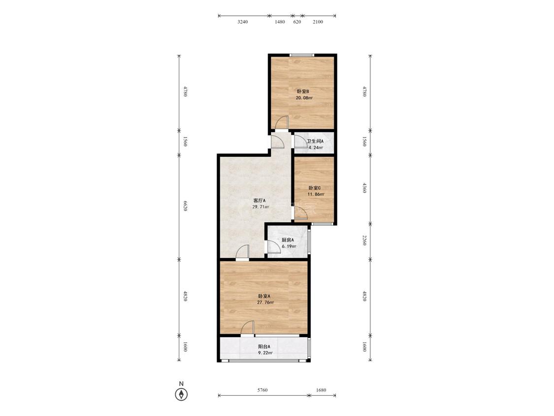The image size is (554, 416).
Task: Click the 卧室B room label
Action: click(x=302, y=92)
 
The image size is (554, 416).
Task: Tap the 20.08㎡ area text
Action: click(x=304, y=98)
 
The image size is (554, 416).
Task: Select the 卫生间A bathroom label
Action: click(x=315, y=141)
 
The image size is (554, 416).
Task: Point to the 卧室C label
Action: click(x=315, y=188)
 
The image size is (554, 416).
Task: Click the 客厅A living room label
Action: click(x=260, y=201)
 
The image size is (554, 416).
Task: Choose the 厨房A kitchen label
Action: click(x=288, y=240)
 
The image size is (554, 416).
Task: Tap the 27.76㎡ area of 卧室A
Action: click(x=265, y=303)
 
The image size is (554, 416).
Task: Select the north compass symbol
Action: click(x=182, y=394)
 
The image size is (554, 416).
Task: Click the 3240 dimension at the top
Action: click(x=243, y=22)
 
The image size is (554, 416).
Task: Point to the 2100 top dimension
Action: click(x=318, y=22)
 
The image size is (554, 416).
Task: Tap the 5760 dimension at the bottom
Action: click(x=262, y=390)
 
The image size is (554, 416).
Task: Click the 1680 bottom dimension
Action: click(x=321, y=390)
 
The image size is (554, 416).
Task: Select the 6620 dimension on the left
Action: click(x=185, y=206)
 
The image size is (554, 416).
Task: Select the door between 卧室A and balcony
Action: click(x=248, y=328)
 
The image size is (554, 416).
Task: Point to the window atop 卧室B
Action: click(x=301, y=55)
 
